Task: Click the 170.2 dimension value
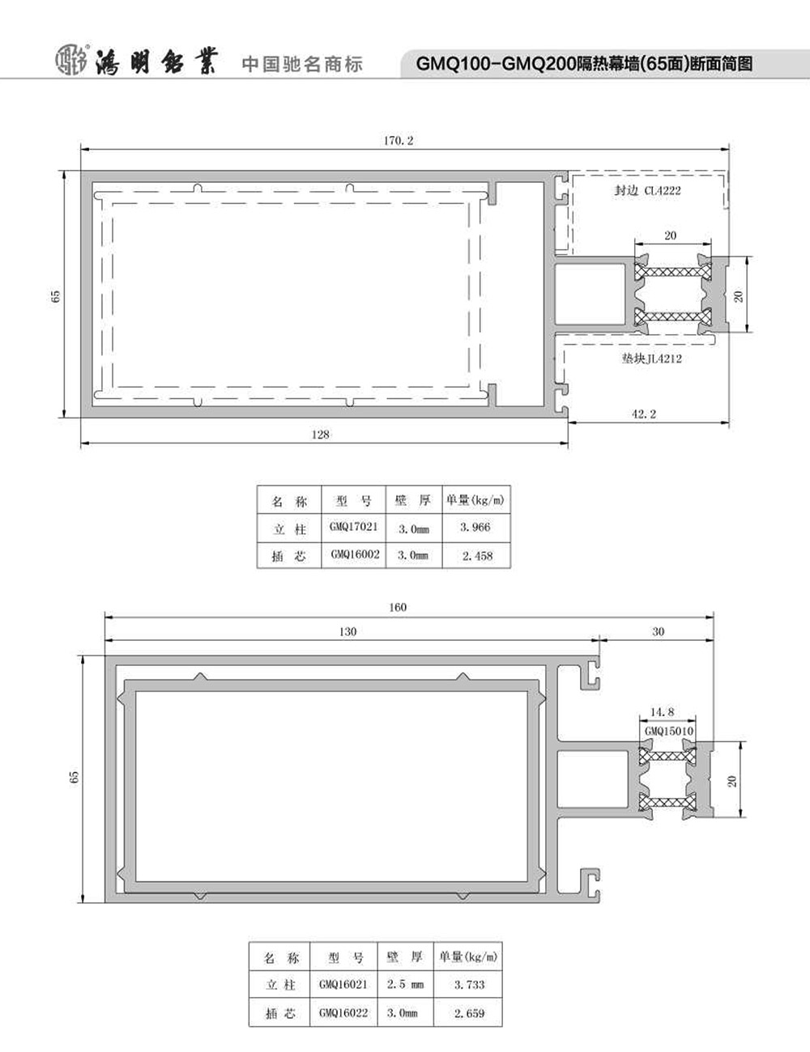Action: click(399, 141)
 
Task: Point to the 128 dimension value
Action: click(320, 435)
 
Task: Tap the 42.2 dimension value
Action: click(644, 414)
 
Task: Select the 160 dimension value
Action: click(398, 607)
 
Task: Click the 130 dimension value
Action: click(347, 631)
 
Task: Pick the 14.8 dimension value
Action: click(662, 711)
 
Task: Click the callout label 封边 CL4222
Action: click(648, 191)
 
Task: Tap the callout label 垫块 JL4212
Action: click(651, 358)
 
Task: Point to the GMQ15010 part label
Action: click(669, 731)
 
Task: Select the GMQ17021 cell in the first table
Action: click(354, 527)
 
